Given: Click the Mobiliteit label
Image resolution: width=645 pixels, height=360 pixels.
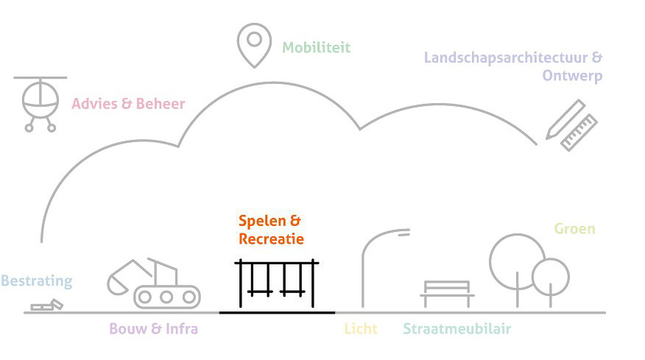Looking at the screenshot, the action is click(317, 48).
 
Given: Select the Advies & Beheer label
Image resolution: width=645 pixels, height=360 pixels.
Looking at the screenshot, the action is click(128, 104).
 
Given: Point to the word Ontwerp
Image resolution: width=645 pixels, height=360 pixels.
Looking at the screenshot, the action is click(572, 76).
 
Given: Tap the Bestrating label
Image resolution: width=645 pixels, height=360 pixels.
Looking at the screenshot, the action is click(37, 281).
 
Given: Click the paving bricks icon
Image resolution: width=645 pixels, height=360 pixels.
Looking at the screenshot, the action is click(47, 305).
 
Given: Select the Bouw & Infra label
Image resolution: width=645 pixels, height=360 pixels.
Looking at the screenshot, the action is click(153, 329).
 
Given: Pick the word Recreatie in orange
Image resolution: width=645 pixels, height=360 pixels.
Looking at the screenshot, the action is click(271, 239).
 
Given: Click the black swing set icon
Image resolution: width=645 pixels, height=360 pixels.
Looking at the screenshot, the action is click(241, 284).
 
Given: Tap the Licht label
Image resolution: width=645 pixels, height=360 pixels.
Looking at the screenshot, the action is click(361, 329).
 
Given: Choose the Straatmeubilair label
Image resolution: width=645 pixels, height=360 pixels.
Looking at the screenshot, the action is click(457, 329).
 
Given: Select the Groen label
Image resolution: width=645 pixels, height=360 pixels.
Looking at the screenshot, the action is click(574, 229).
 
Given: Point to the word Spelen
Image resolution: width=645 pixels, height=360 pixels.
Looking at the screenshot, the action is click(262, 222).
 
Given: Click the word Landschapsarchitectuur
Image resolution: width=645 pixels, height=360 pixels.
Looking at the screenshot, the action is click(506, 57).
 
